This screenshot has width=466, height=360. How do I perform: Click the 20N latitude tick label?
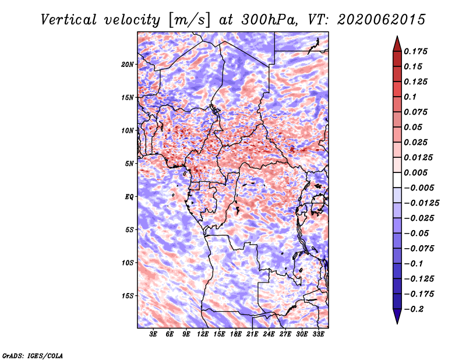coord(128,65)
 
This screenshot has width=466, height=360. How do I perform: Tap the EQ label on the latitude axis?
coord(129,197)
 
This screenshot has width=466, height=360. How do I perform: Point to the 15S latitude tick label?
coord(128,296)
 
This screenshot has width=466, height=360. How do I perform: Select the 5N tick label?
coord(129,164)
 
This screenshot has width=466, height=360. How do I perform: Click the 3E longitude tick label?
coord(153,334)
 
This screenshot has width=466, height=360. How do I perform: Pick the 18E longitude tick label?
coord(236,334)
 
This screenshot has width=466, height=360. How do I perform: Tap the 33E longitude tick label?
coord(318,334)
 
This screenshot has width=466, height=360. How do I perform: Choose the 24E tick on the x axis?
coord(269,334)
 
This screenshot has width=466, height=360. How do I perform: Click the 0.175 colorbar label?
coord(416,51)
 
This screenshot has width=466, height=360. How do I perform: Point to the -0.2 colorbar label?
coord(414,309)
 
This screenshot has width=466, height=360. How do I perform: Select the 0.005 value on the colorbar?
coord(416,172)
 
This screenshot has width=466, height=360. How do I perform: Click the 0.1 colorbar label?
coord(411,97)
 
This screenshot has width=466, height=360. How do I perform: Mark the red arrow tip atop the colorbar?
coord(397,36)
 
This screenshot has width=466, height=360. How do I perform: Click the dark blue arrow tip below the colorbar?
coord(397,323)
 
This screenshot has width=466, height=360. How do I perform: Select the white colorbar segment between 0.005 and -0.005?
coord(397,180)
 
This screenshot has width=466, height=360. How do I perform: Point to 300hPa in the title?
coord(270,20)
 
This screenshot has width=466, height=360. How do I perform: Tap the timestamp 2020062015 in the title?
coord(382,20)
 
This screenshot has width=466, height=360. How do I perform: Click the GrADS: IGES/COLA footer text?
coord(33,355)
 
